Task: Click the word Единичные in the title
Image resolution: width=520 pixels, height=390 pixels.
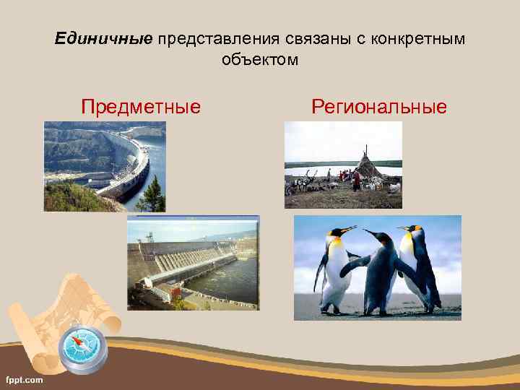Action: tap(103, 38)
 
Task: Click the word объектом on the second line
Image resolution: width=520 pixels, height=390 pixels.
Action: tap(260, 59)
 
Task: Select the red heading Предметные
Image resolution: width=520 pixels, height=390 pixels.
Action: tap(141, 108)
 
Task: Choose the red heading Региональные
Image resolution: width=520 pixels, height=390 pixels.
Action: tap(379, 108)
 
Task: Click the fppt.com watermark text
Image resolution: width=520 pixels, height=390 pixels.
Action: tap(25, 379)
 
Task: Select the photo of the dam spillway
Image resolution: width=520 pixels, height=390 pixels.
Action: tap(193, 262)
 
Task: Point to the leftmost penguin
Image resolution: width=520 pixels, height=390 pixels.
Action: tap(334, 271)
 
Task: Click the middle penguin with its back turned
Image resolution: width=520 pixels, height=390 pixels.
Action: tap(378, 274)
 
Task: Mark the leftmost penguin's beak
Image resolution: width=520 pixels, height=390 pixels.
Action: tap(348, 230)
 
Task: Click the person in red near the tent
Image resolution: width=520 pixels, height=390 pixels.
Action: tap(356, 179)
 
